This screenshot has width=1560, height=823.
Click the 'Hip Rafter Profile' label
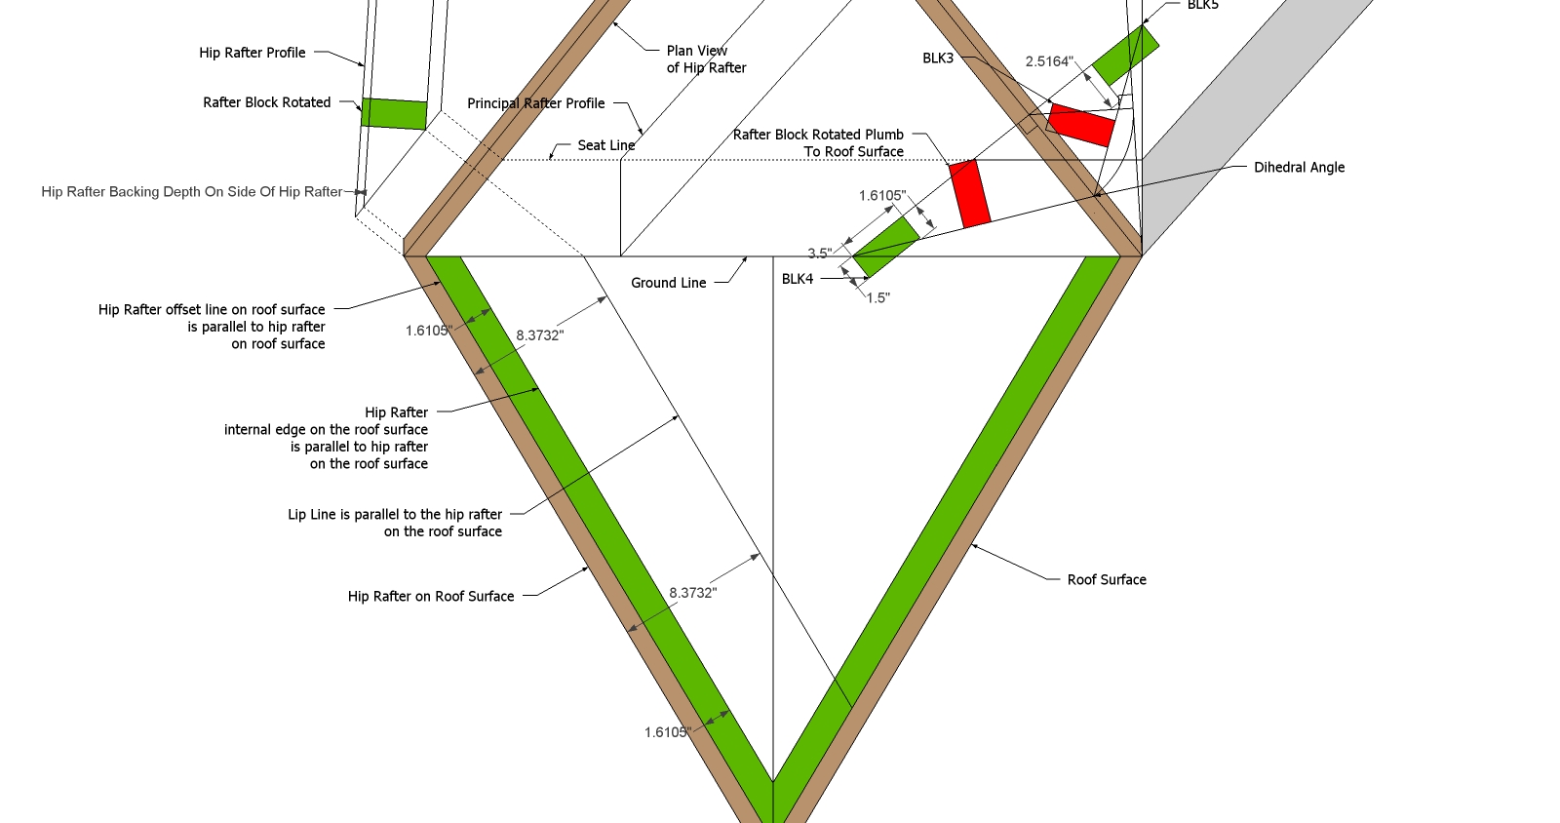point(252,53)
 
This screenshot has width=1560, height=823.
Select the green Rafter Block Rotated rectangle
point(394,113)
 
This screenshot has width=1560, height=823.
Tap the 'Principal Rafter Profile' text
point(535,103)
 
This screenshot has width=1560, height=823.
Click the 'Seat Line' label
point(605,145)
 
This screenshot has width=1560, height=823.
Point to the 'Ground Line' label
point(668,283)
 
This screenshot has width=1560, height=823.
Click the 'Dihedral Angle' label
point(1299,168)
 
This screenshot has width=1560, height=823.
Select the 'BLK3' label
point(938,59)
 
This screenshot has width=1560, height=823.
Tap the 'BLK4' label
point(797,279)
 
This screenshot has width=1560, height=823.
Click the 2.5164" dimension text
point(1049,61)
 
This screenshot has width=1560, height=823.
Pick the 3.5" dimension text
point(820,254)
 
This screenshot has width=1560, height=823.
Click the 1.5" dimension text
point(877,298)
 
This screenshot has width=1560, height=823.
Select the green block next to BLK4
point(886,246)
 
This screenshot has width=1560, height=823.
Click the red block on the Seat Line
point(970,193)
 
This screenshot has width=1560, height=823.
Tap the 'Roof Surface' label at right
point(1107,579)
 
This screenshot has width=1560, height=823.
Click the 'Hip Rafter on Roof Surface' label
point(430,596)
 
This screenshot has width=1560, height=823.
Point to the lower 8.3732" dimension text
point(692,593)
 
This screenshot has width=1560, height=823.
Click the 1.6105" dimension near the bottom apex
point(667,732)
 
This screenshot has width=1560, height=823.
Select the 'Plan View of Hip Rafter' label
point(706,59)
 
